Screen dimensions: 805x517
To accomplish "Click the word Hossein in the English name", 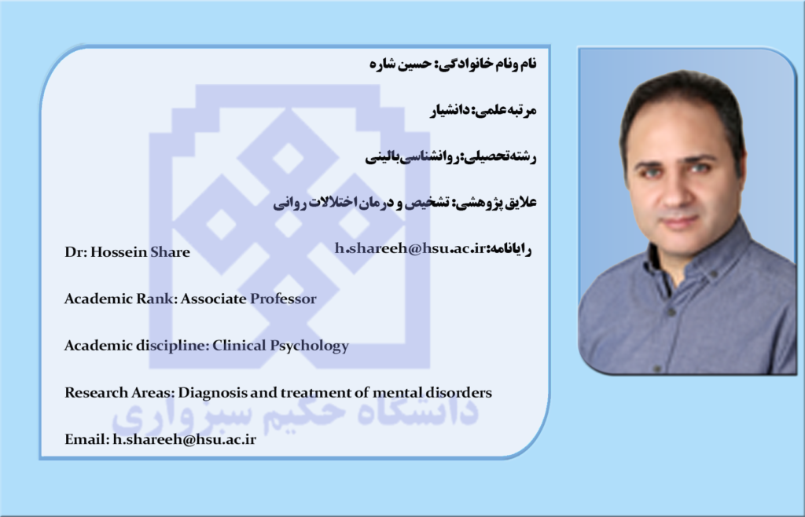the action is coord(119,252).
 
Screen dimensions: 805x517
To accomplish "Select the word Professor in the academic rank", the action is coord(283,299).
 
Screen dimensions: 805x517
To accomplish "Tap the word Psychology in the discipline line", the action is coord(310,346).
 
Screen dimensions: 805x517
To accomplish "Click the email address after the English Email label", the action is coord(184,439).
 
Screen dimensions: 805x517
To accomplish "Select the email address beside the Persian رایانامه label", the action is coord(410,248).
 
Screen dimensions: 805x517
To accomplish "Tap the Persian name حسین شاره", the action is coord(402,64).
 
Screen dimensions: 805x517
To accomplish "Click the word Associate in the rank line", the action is coord(213,299).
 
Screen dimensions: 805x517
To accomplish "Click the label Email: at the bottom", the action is coord(87,439).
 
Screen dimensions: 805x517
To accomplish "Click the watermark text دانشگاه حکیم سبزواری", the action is coord(296,413).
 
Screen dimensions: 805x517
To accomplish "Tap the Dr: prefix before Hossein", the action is coord(76,252).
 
